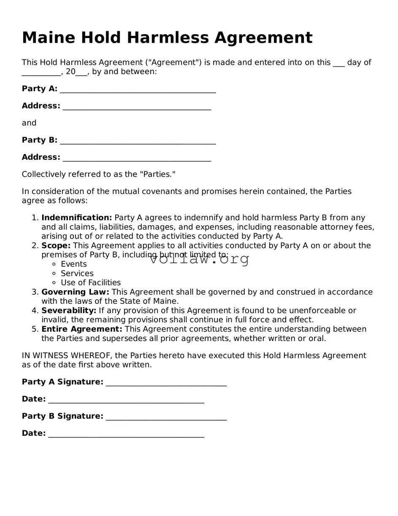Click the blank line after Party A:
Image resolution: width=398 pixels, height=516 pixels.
point(138,90)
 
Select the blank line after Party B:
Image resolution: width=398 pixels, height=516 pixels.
point(138,141)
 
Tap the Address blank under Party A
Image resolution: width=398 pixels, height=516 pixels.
point(137,107)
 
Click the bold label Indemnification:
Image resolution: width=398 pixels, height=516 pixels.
point(76,218)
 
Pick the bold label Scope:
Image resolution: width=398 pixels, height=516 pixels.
point(56,246)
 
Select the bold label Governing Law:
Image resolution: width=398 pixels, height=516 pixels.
point(75,292)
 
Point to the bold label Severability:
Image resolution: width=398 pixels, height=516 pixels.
point(69,311)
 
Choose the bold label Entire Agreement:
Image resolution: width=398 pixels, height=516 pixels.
point(81,329)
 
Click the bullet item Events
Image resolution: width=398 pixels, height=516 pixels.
point(73,264)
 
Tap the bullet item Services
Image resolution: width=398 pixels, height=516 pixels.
point(77,273)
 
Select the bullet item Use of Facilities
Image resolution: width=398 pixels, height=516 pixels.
point(90,283)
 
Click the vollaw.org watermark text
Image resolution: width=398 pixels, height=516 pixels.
point(199,259)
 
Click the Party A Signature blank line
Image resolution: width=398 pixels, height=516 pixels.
point(166,383)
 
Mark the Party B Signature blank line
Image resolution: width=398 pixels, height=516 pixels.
point(166,417)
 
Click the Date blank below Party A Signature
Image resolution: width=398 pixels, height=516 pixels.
point(126,400)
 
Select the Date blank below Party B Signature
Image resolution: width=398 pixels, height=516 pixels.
point(126,434)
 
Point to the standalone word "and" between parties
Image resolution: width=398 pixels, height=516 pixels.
point(29,123)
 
